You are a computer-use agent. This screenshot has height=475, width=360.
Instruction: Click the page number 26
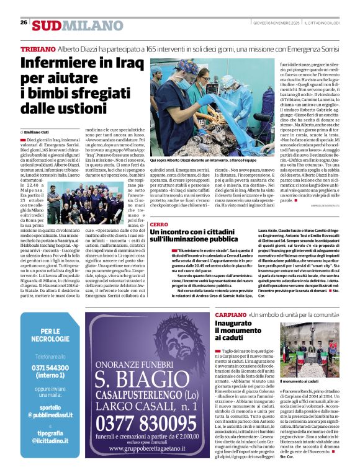coord(24,22)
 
